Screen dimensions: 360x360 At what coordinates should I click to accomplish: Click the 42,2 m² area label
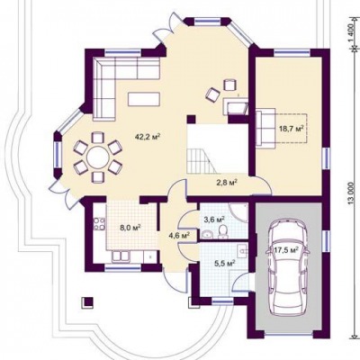point(148,137)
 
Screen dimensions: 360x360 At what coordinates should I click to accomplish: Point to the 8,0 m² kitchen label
point(130,227)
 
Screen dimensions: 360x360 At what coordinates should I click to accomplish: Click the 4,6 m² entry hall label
point(179,235)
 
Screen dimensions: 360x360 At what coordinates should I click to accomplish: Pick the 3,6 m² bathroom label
point(214,220)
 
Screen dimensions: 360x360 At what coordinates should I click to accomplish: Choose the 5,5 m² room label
point(224,264)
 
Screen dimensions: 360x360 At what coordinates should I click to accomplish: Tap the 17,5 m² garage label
point(285,249)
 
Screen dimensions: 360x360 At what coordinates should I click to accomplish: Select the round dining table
point(98,157)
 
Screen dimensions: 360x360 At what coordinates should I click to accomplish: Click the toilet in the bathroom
point(222,232)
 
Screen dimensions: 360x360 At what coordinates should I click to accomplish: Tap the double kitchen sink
point(121,256)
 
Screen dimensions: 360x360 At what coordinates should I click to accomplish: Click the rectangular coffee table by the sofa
point(144,99)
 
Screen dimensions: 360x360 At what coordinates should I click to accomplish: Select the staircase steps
point(202,162)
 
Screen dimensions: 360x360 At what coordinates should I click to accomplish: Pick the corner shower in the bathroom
point(238,212)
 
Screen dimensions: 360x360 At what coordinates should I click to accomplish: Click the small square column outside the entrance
point(87,301)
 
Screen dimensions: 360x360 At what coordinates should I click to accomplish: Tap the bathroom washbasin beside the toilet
point(207,234)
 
